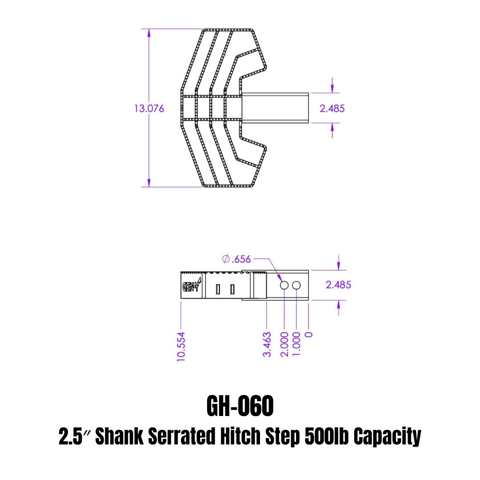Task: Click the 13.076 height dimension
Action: coord(149,108)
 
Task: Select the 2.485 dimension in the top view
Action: coord(332,108)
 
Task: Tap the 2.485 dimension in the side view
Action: coord(338,285)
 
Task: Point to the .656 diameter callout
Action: coord(236,259)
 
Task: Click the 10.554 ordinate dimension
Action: coord(181,347)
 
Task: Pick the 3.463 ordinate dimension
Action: coord(267,344)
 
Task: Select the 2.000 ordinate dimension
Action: coord(284,344)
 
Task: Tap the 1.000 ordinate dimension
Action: coord(296,344)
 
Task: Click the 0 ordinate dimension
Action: coord(309,335)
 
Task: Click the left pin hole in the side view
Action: coord(284,285)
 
